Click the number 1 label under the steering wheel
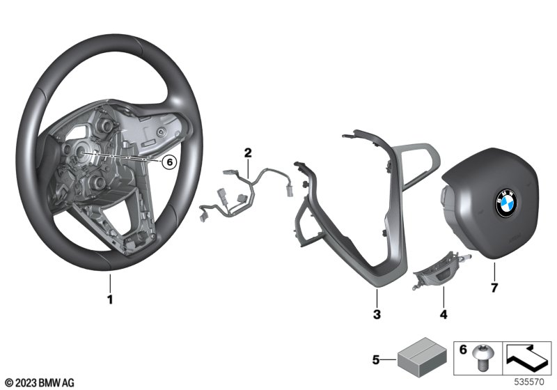[110, 299]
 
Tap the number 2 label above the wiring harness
[248, 153]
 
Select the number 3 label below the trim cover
[377, 314]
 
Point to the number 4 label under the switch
[444, 314]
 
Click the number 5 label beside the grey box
[376, 360]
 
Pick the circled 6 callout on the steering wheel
[169, 162]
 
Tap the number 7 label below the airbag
[494, 288]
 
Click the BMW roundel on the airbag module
[507, 203]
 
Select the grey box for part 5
[422, 357]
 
